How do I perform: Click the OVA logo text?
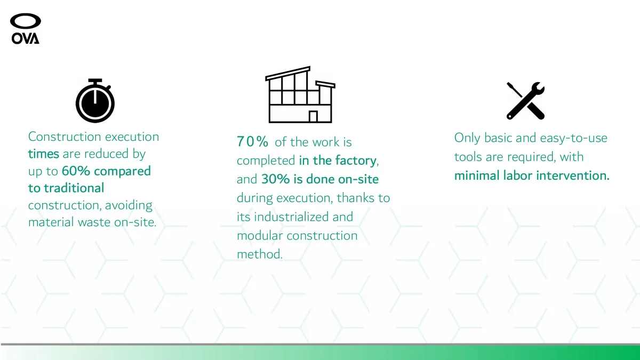tap(26, 38)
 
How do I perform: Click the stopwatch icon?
tap(95, 101)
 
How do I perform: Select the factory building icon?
tap(300, 94)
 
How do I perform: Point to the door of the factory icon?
tap(313, 116)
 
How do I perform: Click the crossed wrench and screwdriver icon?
tap(526, 101)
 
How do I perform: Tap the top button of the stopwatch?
tap(95, 81)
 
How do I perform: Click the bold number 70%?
tap(252, 141)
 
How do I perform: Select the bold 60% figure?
tap(76, 171)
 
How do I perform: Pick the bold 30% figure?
tap(275, 179)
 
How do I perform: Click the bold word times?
tap(43, 154)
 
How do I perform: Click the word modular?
tap(260, 236)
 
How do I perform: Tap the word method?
tap(260, 254)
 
